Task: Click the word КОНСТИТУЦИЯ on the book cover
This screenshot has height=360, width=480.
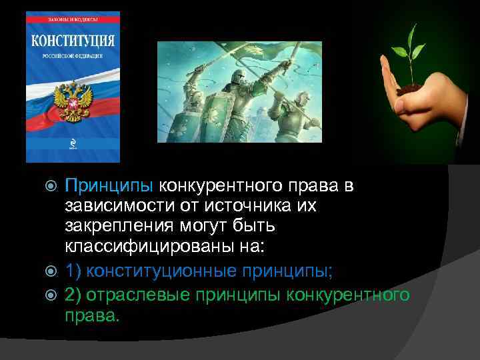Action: (73, 39)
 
